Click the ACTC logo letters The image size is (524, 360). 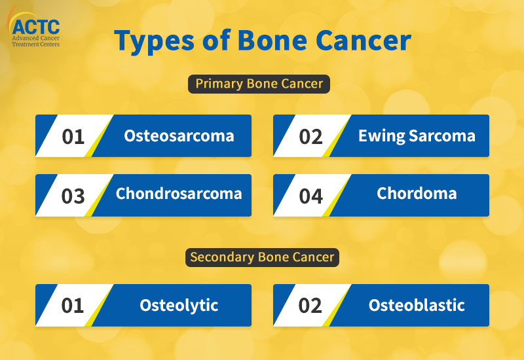pos(36,27)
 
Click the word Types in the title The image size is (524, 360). pos(154,41)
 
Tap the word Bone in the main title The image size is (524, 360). pos(272,40)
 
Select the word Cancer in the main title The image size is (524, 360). pos(364,41)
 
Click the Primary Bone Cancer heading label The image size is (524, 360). pos(259,84)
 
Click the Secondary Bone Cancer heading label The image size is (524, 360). pos(262,257)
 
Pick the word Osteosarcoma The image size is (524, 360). pos(179,136)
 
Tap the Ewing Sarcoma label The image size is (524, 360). pos(417,136)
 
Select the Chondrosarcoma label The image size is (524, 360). pos(179,194)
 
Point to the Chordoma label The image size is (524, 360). pos(417,193)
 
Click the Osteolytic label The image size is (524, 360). pos(179,306)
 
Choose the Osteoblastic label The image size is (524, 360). pos(417,305)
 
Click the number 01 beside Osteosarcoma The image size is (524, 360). pos(73,137)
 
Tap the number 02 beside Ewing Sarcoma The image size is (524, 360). pos(310,137)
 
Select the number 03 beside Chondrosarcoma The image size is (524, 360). pos(73,196)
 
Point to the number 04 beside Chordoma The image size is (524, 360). pos(310,196)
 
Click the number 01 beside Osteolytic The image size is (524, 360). pos(73,306)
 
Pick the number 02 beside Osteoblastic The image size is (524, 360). pos(310,306)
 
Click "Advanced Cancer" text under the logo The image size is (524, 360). pos(36,38)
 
